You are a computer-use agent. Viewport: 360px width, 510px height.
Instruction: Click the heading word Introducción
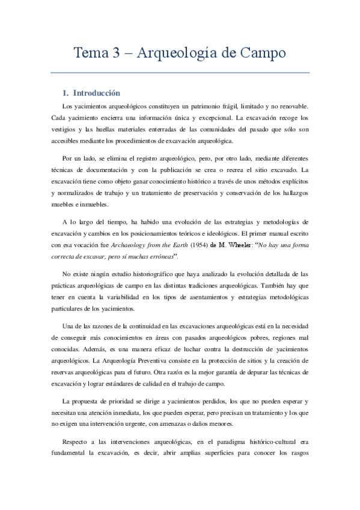coord(97,93)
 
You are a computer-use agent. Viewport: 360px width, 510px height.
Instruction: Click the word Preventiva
coord(168,360)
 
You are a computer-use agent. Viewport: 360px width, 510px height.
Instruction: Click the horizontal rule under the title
coord(180,73)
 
